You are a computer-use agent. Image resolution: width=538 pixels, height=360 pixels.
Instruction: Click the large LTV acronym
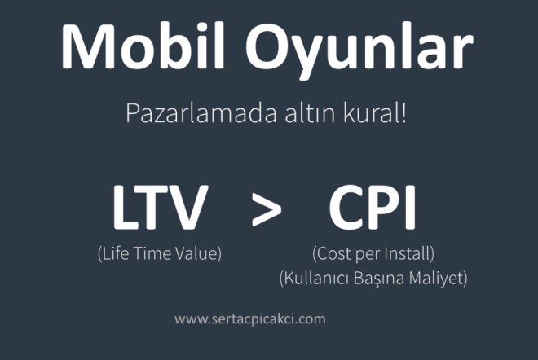[160, 207]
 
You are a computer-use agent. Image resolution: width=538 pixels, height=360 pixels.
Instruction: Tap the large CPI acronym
[373, 207]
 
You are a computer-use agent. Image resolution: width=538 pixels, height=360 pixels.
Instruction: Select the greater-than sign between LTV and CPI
[266, 210]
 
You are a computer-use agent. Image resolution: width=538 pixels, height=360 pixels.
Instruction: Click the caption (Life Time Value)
[159, 253]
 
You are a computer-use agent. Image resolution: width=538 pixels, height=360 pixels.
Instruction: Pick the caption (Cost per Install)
[373, 253]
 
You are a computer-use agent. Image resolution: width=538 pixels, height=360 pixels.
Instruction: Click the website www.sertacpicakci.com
[250, 318]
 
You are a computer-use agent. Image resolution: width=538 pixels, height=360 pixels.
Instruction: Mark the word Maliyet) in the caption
[440, 278]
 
